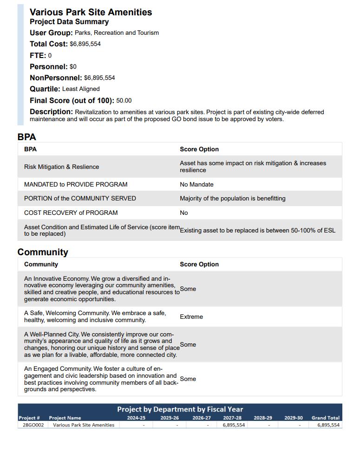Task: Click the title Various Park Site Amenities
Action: (91, 13)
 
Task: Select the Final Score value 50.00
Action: (124, 101)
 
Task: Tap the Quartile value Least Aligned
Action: (81, 89)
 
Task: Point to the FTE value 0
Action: (50, 56)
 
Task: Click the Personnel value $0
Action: (73, 67)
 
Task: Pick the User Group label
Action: (51, 33)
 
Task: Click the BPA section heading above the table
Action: (26, 137)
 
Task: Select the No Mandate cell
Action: (196, 184)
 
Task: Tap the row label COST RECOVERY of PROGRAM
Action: (71, 213)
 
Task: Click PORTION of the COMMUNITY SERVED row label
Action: (80, 198)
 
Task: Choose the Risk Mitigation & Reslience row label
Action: (61, 167)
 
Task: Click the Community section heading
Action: (43, 252)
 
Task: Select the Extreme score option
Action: (191, 316)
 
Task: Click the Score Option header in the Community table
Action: (199, 264)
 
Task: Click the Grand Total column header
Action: (325, 418)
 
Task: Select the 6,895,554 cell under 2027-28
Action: (234, 425)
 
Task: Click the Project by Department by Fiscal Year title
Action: (180, 409)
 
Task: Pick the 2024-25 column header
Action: (136, 418)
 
